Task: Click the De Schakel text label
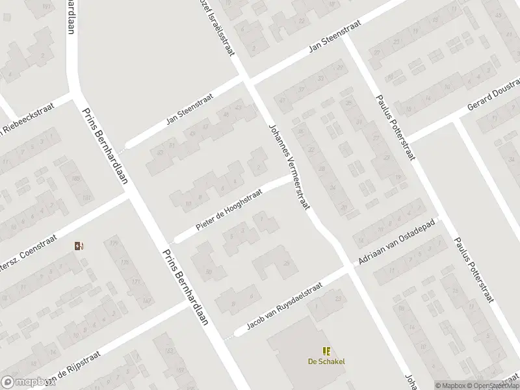326,362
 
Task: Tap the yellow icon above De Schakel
326,351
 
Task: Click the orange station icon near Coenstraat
79,246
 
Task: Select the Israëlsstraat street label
219,29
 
